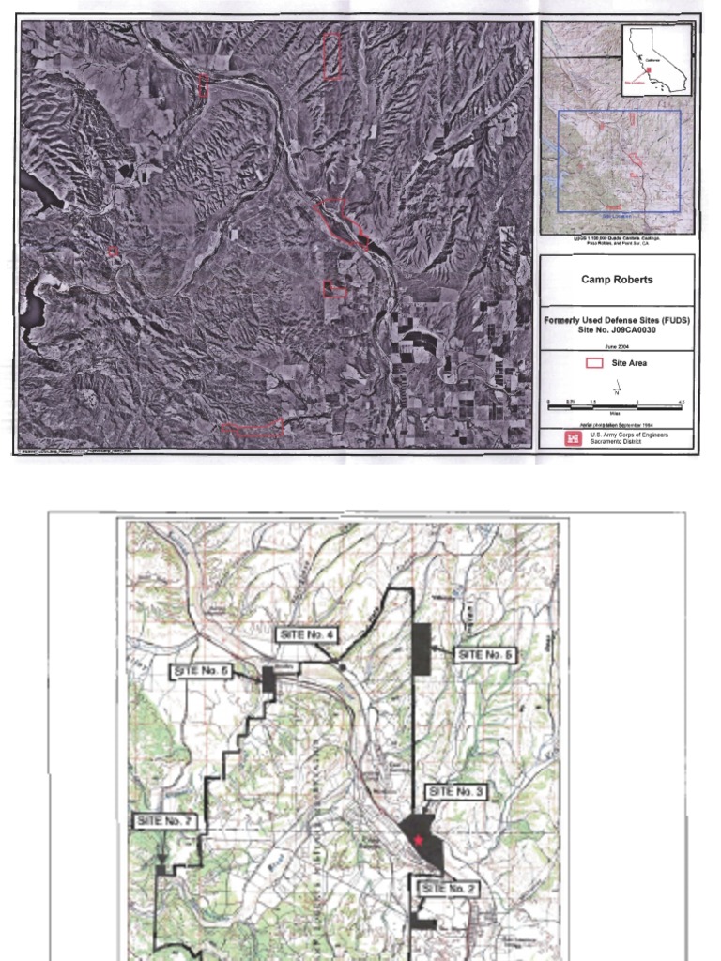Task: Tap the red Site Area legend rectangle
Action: click(x=593, y=362)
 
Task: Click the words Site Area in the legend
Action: click(x=629, y=362)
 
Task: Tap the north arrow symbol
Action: click(x=618, y=387)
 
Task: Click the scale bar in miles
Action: click(x=615, y=406)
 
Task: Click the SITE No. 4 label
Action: click(x=306, y=635)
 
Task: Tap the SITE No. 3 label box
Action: click(x=455, y=792)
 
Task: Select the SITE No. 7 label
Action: click(x=165, y=820)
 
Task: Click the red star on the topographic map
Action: click(x=418, y=840)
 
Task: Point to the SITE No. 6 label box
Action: click(x=202, y=670)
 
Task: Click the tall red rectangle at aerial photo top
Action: click(x=331, y=55)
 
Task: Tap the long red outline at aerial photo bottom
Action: click(x=253, y=429)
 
